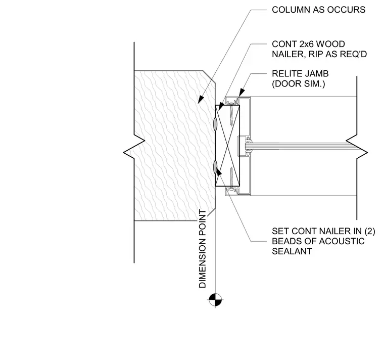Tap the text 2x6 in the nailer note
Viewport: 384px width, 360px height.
[x=307, y=44]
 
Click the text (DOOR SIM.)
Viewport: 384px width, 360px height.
[x=299, y=84]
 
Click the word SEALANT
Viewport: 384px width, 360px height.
[x=292, y=251]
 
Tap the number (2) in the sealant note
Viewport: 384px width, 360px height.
[x=369, y=232]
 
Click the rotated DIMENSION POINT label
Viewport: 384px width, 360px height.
[x=203, y=248]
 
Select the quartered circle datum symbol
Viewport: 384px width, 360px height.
[x=215, y=300]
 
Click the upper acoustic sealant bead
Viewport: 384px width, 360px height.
[x=215, y=124]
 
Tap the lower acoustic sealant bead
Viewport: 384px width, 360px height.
[x=215, y=167]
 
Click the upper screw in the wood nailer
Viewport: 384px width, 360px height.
[x=231, y=115]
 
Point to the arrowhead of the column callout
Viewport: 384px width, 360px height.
[x=201, y=99]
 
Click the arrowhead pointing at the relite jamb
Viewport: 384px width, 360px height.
[x=242, y=92]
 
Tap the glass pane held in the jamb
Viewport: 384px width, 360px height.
[x=299, y=146]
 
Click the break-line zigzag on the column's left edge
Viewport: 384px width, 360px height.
[x=134, y=147]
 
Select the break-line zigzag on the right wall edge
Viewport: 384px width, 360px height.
[x=357, y=147]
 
